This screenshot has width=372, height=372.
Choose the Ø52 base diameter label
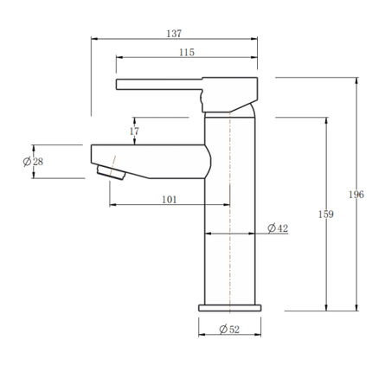click(229, 329)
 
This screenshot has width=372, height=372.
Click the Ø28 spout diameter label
click(32, 160)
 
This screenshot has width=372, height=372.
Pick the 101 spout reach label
click(170, 200)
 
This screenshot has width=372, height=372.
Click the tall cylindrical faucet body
click(230, 216)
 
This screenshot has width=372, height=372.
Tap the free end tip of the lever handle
click(119, 83)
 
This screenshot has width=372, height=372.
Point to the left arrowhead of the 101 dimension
click(113, 205)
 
